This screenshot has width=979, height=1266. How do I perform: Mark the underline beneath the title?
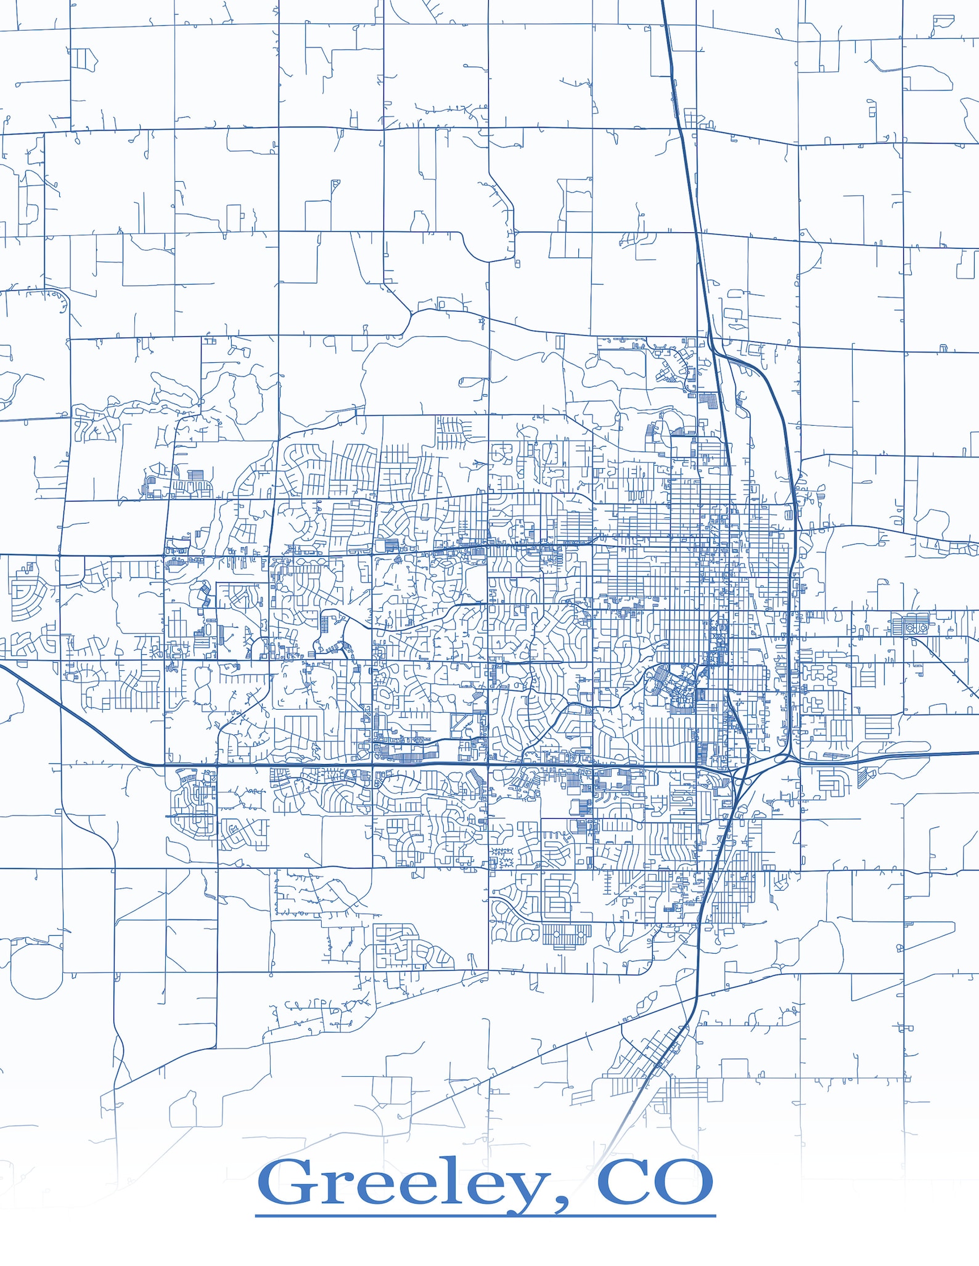pyautogui.click(x=485, y=1216)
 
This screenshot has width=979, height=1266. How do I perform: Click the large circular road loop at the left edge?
pyautogui.click(x=36, y=971)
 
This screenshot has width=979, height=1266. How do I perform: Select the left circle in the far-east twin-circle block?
pyautogui.click(x=910, y=627)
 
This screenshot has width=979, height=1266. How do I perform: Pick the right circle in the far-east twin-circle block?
pyautogui.click(x=924, y=627)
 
